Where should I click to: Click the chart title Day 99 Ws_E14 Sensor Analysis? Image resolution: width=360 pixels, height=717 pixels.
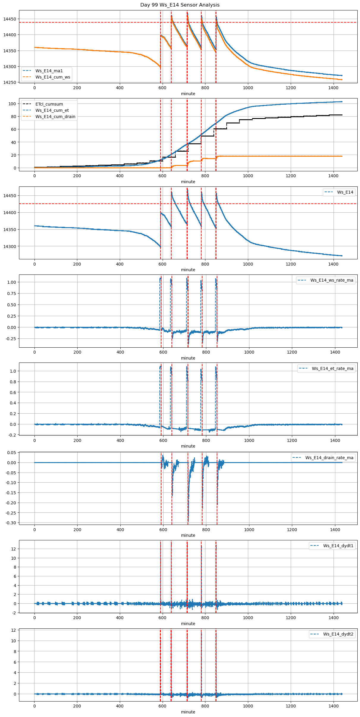(180, 5)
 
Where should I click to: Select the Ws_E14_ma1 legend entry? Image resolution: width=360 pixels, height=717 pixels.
(49, 71)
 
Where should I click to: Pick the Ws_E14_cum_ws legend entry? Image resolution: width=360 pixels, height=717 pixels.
(53, 77)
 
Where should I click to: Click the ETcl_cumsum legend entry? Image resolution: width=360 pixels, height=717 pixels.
(49, 104)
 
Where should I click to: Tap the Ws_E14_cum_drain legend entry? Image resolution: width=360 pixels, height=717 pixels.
(55, 117)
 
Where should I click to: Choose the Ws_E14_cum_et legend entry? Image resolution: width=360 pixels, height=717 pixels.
(52, 110)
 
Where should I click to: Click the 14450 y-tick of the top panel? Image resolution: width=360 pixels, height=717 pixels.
(10, 19)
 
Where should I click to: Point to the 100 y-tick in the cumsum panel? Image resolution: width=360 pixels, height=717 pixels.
(12, 104)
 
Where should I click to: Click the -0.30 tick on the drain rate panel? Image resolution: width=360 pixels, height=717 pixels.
(11, 523)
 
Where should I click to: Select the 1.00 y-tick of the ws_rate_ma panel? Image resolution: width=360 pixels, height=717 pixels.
(12, 282)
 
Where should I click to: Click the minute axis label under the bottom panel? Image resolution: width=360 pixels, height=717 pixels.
(188, 712)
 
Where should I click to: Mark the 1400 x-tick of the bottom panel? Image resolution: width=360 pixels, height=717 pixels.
(334, 706)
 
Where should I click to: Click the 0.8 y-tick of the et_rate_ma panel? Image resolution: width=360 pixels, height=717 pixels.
(13, 382)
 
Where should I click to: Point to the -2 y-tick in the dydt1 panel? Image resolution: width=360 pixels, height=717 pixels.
(14, 613)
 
